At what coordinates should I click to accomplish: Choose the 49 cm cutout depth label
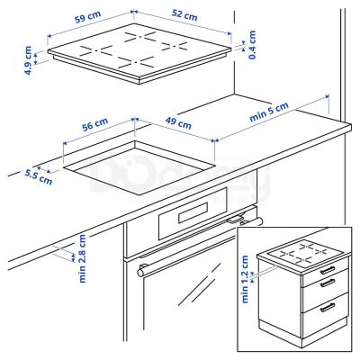178,122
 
